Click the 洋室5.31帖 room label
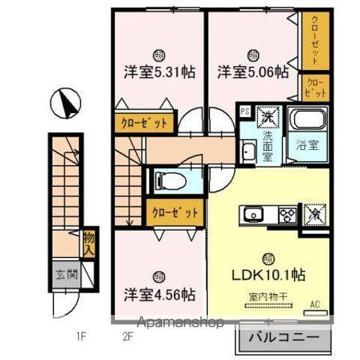(x=160, y=73)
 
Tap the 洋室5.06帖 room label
(x=253, y=73)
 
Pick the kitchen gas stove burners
(x=286, y=214)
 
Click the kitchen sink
(x=250, y=215)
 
